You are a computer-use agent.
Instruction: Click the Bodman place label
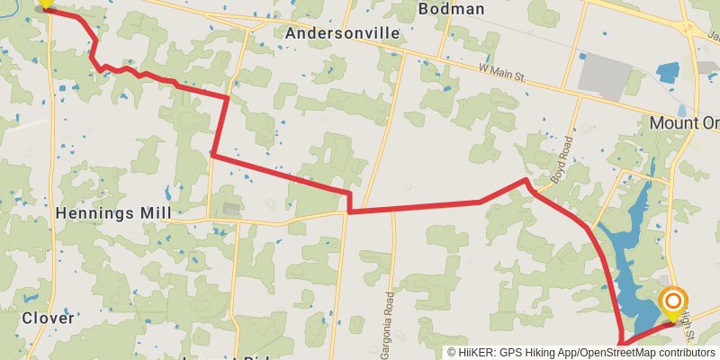452,9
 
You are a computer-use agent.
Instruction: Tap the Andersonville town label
341,33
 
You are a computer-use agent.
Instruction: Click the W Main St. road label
501,71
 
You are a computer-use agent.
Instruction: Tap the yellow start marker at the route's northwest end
45,5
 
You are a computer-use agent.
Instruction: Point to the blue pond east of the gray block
668,72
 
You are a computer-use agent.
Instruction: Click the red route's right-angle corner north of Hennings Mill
212,155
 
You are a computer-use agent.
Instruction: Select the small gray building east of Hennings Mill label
231,209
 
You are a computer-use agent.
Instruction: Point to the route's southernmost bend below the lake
623,342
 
